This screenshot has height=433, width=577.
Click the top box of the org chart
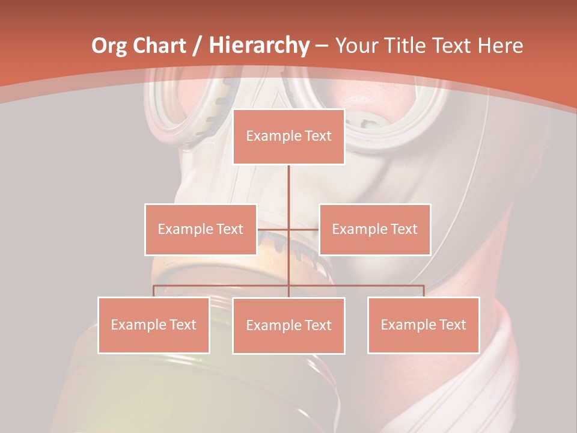click(x=288, y=137)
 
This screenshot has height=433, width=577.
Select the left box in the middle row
click(x=201, y=229)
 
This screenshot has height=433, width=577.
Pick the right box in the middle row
click(x=374, y=229)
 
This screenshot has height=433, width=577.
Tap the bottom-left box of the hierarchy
click(x=154, y=325)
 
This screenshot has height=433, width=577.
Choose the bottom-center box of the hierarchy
click(x=288, y=325)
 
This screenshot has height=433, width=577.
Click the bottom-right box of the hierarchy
click(x=424, y=325)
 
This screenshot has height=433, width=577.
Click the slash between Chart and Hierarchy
click(x=197, y=46)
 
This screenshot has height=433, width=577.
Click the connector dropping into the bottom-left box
click(x=154, y=290)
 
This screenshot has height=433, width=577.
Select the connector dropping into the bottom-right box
click(x=424, y=290)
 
